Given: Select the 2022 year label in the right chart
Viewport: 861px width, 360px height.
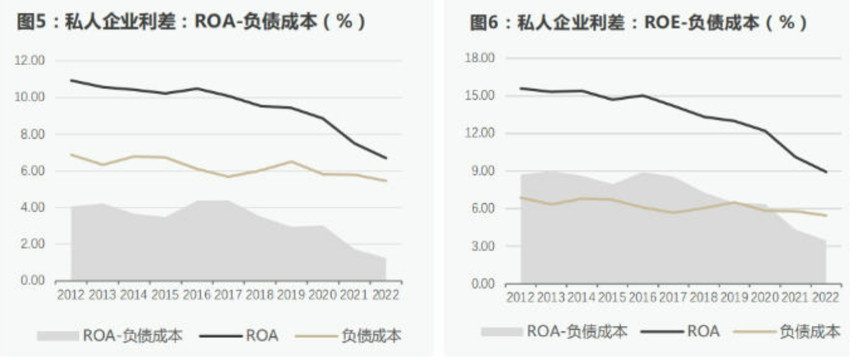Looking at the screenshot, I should [x=826, y=297].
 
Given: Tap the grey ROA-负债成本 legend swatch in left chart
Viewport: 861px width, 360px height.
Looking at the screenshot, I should [x=57, y=335].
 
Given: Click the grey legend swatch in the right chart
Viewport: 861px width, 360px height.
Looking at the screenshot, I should [x=502, y=332].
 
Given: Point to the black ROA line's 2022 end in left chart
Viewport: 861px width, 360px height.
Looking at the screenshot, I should [x=386, y=158].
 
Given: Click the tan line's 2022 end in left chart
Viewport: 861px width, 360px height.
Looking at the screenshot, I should [x=386, y=181].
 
